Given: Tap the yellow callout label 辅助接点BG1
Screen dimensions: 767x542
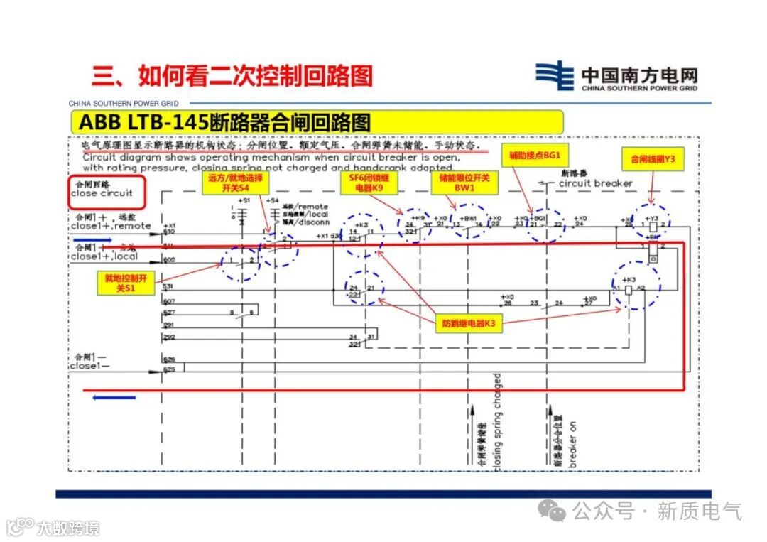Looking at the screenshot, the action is point(535,155).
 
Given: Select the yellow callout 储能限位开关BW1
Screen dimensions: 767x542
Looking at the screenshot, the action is point(464,183).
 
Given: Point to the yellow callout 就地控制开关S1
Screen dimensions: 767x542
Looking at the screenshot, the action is point(125,284).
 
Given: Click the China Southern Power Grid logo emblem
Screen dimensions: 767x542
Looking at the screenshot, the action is point(554,76).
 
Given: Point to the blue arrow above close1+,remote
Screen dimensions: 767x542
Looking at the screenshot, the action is point(91,239).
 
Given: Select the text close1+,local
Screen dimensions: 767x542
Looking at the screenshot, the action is point(104,256).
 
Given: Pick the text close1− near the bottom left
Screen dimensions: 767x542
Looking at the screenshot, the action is point(90,367).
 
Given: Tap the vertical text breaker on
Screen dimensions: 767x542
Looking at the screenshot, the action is point(573,440).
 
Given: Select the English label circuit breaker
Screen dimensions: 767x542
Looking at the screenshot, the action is point(595,183).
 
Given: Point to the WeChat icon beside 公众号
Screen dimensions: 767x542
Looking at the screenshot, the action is point(552,509).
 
